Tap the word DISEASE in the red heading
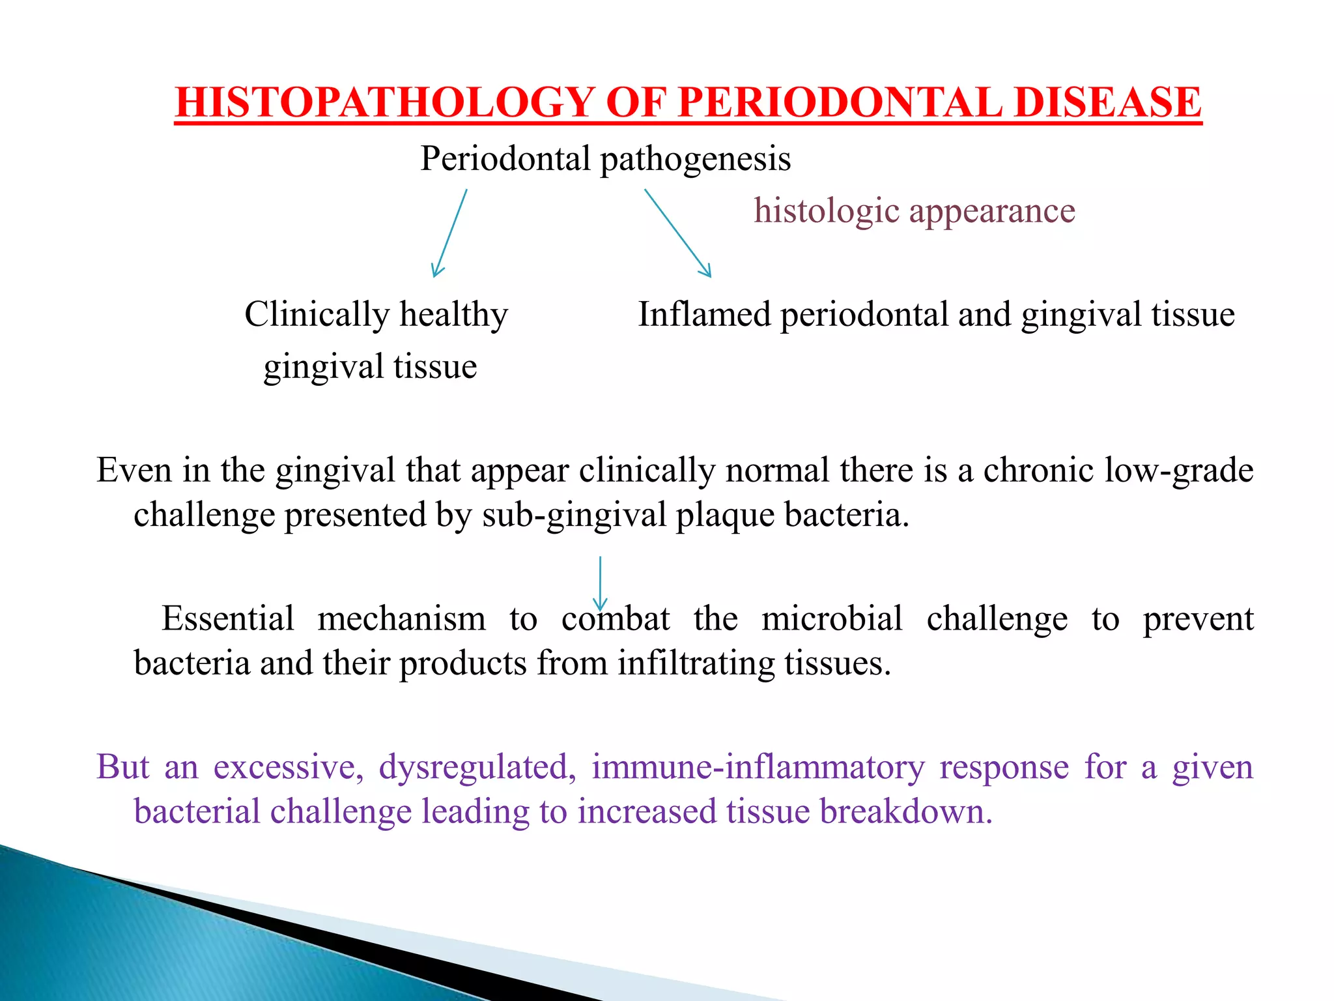1107,102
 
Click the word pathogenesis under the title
695,159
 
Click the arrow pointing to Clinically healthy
450,233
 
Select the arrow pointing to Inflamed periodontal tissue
677,233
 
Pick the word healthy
453,314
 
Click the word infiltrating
696,663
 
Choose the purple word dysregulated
477,766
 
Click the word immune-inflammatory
758,766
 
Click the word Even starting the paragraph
134,470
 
